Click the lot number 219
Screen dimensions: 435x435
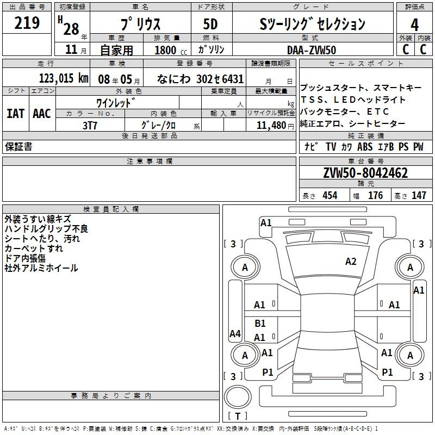pyautogui.click(x=27, y=23)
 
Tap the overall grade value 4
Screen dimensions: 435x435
pyautogui.click(x=414, y=25)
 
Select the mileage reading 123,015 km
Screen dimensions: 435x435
pyautogui.click(x=64, y=78)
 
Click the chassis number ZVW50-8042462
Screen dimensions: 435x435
pyautogui.click(x=365, y=173)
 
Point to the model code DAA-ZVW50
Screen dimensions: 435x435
pyautogui.click(x=312, y=50)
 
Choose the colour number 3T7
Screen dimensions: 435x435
pyautogui.click(x=90, y=126)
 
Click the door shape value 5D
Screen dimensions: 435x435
pyautogui.click(x=210, y=24)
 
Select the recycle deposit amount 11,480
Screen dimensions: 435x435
pyautogui.click(x=271, y=126)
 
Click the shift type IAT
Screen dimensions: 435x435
pyautogui.click(x=16, y=114)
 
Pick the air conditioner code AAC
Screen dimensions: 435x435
pyautogui.click(x=42, y=114)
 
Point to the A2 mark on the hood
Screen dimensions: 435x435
pyautogui.click(x=351, y=262)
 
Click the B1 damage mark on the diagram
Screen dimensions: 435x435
pyautogui.click(x=260, y=323)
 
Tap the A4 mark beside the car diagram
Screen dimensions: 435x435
pyautogui.click(x=235, y=333)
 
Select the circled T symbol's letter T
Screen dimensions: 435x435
pyautogui.click(x=238, y=416)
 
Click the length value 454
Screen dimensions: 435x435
pyautogui.click(x=330, y=196)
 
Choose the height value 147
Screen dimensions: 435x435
pyautogui.click(x=419, y=196)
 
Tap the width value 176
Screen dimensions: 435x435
pyautogui.click(x=375, y=196)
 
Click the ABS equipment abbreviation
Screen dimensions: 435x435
pyautogui.click(x=365, y=147)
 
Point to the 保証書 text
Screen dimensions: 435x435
pyautogui.click(x=18, y=147)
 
